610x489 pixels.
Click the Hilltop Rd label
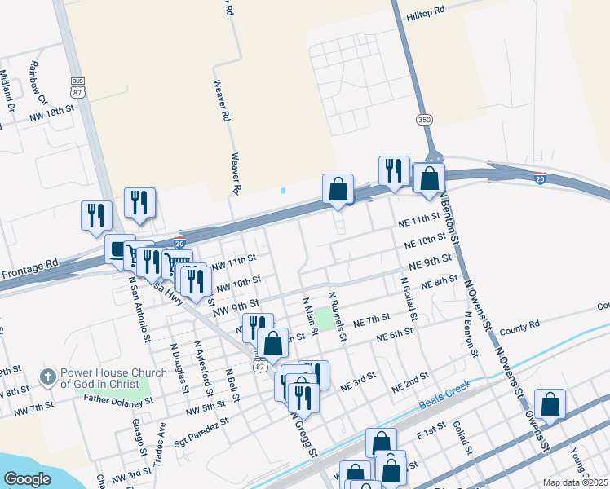(x=427, y=11)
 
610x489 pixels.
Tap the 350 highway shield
(x=424, y=120)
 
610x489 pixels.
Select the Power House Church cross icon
(x=48, y=377)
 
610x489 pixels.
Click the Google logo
(x=27, y=479)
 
